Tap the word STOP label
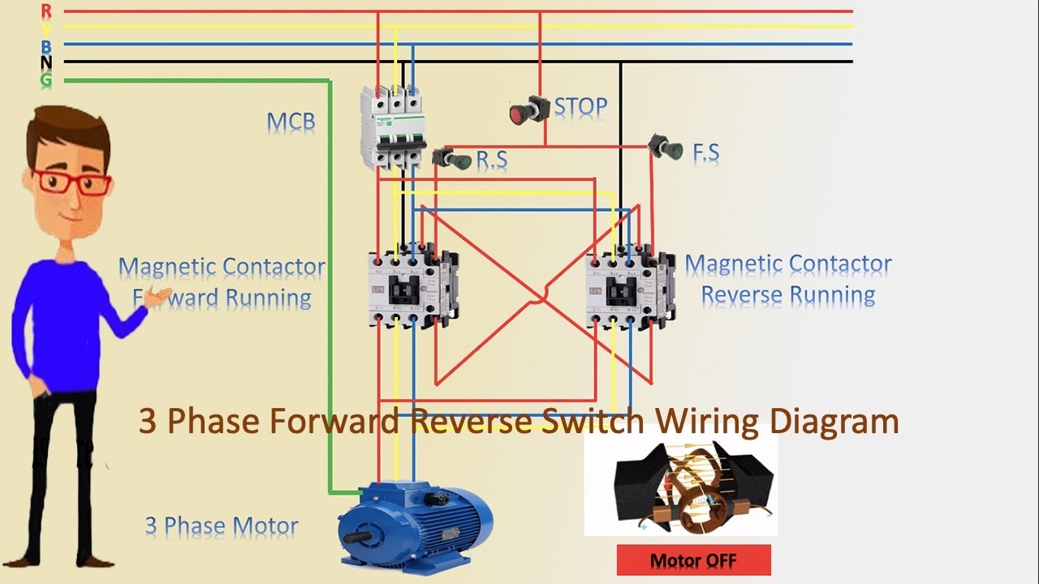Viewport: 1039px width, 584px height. [x=580, y=107]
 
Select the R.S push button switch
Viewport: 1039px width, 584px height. [x=451, y=158]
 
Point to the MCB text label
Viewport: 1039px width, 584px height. [x=291, y=122]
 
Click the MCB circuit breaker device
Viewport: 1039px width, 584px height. [x=394, y=128]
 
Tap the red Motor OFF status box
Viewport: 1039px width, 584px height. [x=693, y=560]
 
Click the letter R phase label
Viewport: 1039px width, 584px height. [x=46, y=11]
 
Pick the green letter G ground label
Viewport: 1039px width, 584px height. [x=46, y=79]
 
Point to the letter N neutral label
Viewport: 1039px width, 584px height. [x=46, y=62]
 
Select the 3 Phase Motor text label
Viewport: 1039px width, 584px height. [x=222, y=526]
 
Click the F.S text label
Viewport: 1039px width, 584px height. [x=705, y=152]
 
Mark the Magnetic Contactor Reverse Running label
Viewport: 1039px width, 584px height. [x=787, y=280]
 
